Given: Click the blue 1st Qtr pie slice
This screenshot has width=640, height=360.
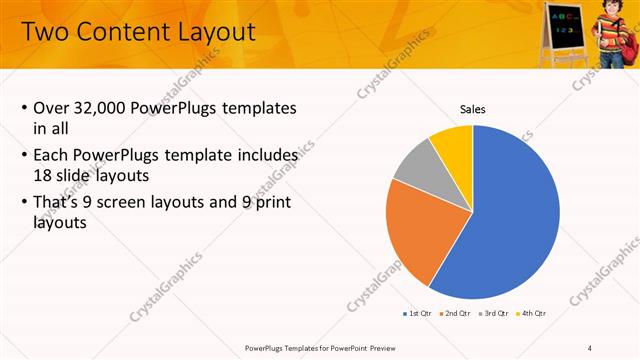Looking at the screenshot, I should (510, 220).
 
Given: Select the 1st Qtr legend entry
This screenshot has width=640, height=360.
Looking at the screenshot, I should (415, 313).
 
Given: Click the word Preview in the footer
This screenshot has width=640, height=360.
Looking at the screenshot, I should (363, 347).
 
